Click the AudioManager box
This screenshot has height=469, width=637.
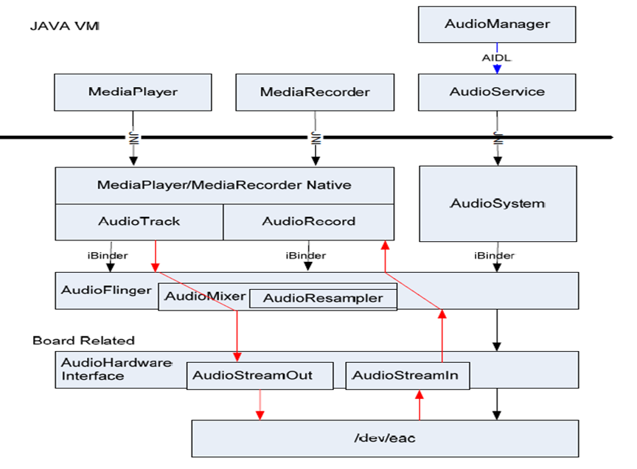497,24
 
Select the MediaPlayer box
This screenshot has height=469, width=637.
133,92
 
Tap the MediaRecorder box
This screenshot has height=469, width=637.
315,92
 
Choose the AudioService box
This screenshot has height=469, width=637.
497,92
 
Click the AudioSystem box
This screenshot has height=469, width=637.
497,204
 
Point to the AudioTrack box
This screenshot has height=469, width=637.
139,222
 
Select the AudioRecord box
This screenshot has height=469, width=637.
308,222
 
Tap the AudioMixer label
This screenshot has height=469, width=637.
204,296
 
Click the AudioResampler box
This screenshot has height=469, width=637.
323,299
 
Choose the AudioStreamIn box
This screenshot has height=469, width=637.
405,375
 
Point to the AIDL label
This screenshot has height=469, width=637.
497,58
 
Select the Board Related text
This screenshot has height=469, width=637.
83,341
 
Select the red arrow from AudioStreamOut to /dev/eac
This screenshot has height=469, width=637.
260,404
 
